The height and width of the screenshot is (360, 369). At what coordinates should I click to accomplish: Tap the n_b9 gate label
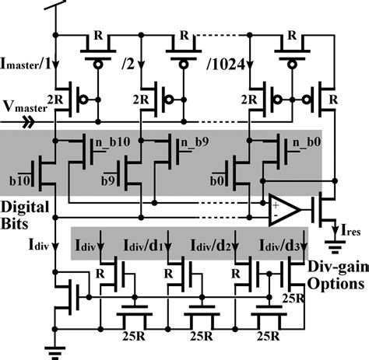tap(197, 144)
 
